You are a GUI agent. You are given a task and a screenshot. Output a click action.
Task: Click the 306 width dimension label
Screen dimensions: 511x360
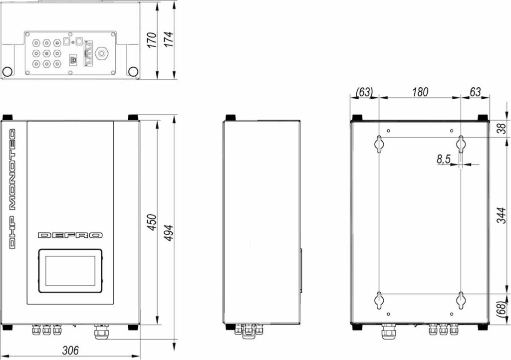[x=70, y=350]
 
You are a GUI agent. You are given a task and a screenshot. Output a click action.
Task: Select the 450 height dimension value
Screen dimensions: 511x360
[x=152, y=222]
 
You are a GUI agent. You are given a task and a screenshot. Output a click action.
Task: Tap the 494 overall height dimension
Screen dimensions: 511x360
[x=168, y=233]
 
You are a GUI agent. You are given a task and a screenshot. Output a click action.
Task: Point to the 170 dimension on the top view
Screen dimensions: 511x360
[x=152, y=40]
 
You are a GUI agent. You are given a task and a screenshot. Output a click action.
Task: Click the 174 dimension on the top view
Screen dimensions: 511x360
[x=169, y=39]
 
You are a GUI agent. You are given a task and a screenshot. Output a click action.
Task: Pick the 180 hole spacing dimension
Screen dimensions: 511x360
[x=420, y=92]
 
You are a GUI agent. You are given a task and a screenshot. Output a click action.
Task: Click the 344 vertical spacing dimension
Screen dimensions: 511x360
[x=502, y=215]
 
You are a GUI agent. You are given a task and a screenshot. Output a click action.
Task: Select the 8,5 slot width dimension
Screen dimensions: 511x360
[x=443, y=159]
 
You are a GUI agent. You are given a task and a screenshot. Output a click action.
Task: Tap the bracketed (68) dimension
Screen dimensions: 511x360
[x=502, y=308]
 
